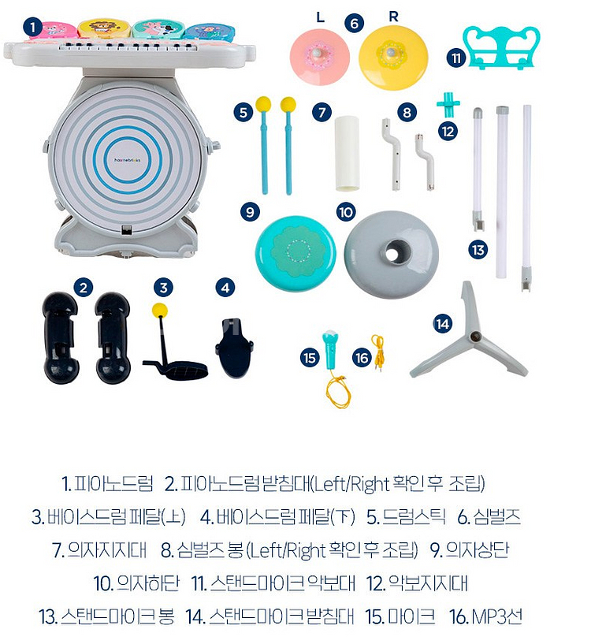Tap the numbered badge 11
pos(455,58)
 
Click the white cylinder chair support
pos(347,153)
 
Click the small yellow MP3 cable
pos(379,352)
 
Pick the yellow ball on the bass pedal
pos(160,308)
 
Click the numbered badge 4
pos(226,288)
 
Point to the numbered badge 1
pos(32,27)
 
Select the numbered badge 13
pos(478,250)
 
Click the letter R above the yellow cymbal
pos(394,16)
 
